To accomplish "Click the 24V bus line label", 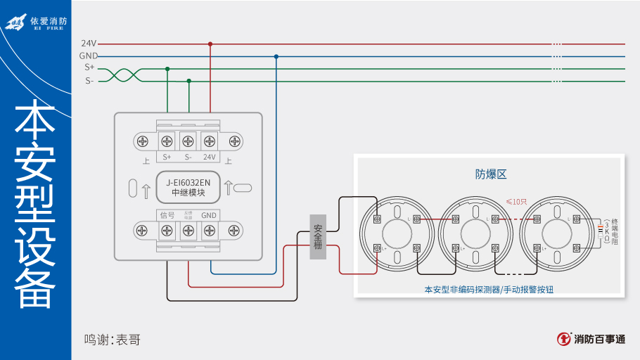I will tap(89, 44).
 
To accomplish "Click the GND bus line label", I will tap(89, 56).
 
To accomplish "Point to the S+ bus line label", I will tap(89, 68).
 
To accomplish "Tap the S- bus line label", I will tap(89, 81).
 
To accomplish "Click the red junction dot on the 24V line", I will tap(210, 44).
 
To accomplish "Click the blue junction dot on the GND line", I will tap(276, 56).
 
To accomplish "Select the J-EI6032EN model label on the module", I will tap(188, 182).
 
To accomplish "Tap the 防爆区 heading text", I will tap(491, 173).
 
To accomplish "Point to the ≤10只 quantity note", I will tap(516, 202).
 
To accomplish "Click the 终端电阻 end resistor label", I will tap(615, 231).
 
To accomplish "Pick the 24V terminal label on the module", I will tap(210, 157).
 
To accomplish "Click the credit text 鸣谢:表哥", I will tap(113, 340).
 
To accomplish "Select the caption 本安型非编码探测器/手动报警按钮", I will tap(489, 289).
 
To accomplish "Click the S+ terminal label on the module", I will tap(167, 157).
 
